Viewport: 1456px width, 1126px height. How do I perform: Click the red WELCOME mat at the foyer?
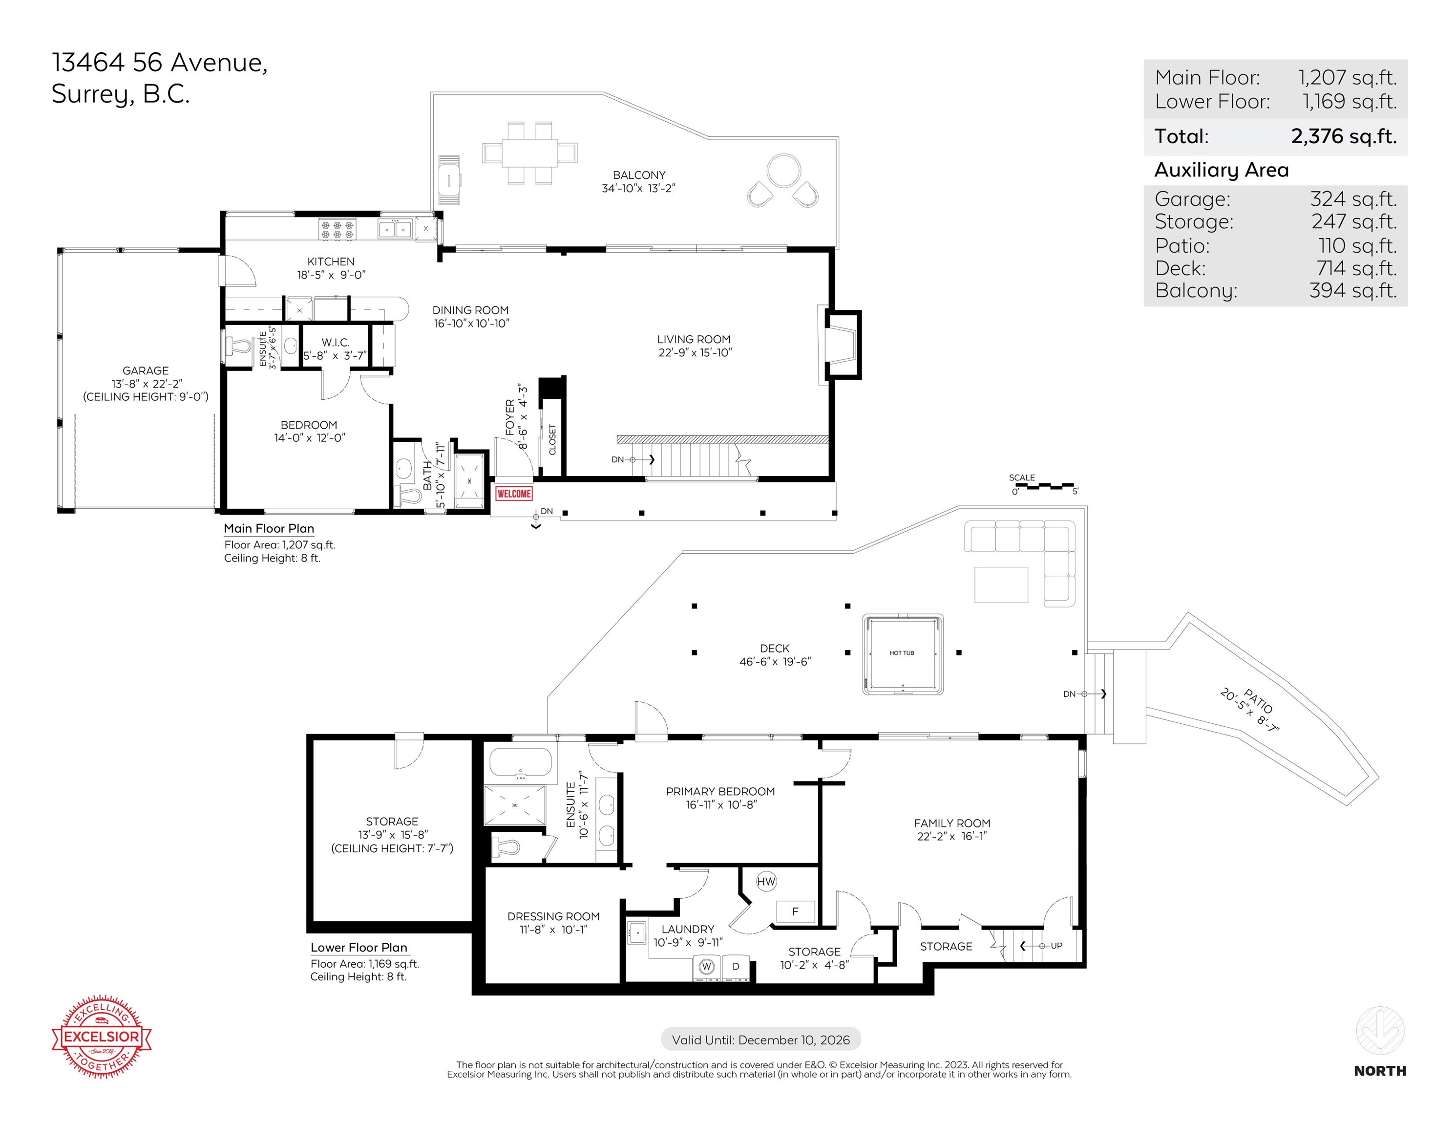point(513,494)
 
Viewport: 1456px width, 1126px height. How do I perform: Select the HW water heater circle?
point(766,881)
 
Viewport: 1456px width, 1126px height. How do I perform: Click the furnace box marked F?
point(795,911)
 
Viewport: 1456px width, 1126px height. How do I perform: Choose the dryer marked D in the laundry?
point(736,967)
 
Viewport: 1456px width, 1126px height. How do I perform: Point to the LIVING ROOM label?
point(694,340)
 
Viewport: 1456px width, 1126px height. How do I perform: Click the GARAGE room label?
point(146,370)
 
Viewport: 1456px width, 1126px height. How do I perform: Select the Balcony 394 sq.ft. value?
point(1352,291)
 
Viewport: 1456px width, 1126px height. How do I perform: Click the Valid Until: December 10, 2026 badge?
point(760,1040)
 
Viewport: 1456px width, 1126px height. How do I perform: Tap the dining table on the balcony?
point(530,153)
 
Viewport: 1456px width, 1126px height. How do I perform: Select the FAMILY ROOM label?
point(952,823)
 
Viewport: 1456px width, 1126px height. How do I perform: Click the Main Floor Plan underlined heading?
point(269,528)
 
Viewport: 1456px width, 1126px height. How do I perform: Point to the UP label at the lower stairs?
point(1056,946)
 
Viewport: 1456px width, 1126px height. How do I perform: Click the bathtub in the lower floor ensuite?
point(521,762)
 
